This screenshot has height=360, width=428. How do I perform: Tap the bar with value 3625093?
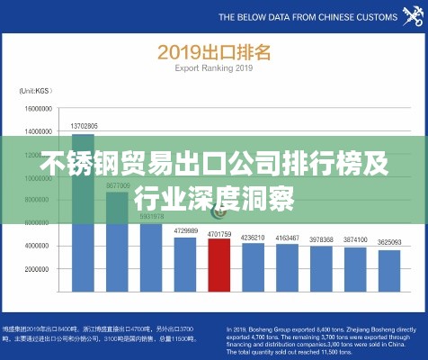(388, 270)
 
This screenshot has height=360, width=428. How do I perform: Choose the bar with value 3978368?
(321, 268)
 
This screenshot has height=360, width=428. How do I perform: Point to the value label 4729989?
(185, 231)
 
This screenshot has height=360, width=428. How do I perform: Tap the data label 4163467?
(287, 238)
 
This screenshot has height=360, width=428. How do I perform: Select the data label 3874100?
(354, 239)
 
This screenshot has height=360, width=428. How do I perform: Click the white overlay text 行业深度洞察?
(214, 197)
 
